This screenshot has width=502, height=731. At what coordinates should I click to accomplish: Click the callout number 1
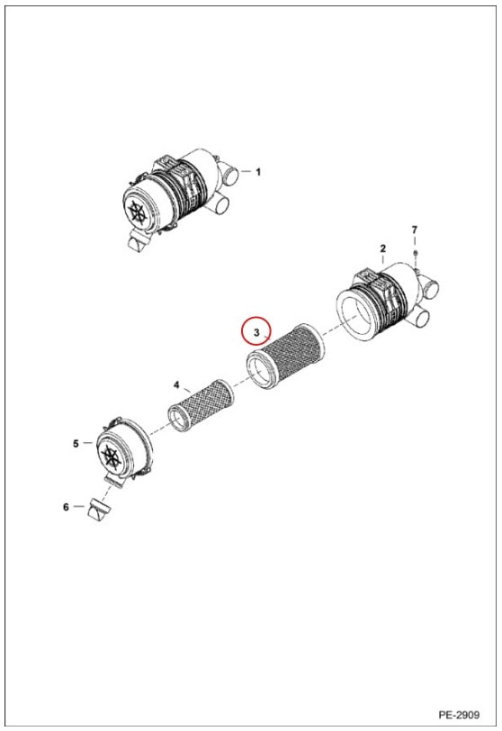pos(258,172)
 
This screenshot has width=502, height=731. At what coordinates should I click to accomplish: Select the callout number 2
pos(382,248)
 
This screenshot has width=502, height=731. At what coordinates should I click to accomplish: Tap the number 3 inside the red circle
pos(256,332)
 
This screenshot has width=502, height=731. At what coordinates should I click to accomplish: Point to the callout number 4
pos(176,384)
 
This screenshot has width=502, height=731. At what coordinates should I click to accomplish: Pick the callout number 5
pos(76,444)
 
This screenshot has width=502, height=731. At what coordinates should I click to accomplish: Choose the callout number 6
pos(66,507)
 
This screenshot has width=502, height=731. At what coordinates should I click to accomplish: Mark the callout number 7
pos(415,230)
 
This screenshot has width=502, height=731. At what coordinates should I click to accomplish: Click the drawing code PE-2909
pos(459,715)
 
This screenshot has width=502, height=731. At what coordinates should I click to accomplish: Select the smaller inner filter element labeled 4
pos(202,405)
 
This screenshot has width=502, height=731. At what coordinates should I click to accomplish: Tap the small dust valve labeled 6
pos(99,510)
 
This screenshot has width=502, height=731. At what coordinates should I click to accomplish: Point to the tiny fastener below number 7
pos(416,253)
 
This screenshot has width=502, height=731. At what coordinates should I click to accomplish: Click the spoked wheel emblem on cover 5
pos(111,456)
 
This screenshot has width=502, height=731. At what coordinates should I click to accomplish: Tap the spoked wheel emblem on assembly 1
pos(137,212)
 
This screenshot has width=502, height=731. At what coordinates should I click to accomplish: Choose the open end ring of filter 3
pos(259,371)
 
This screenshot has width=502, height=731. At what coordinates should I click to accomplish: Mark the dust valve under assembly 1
pos(139,241)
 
